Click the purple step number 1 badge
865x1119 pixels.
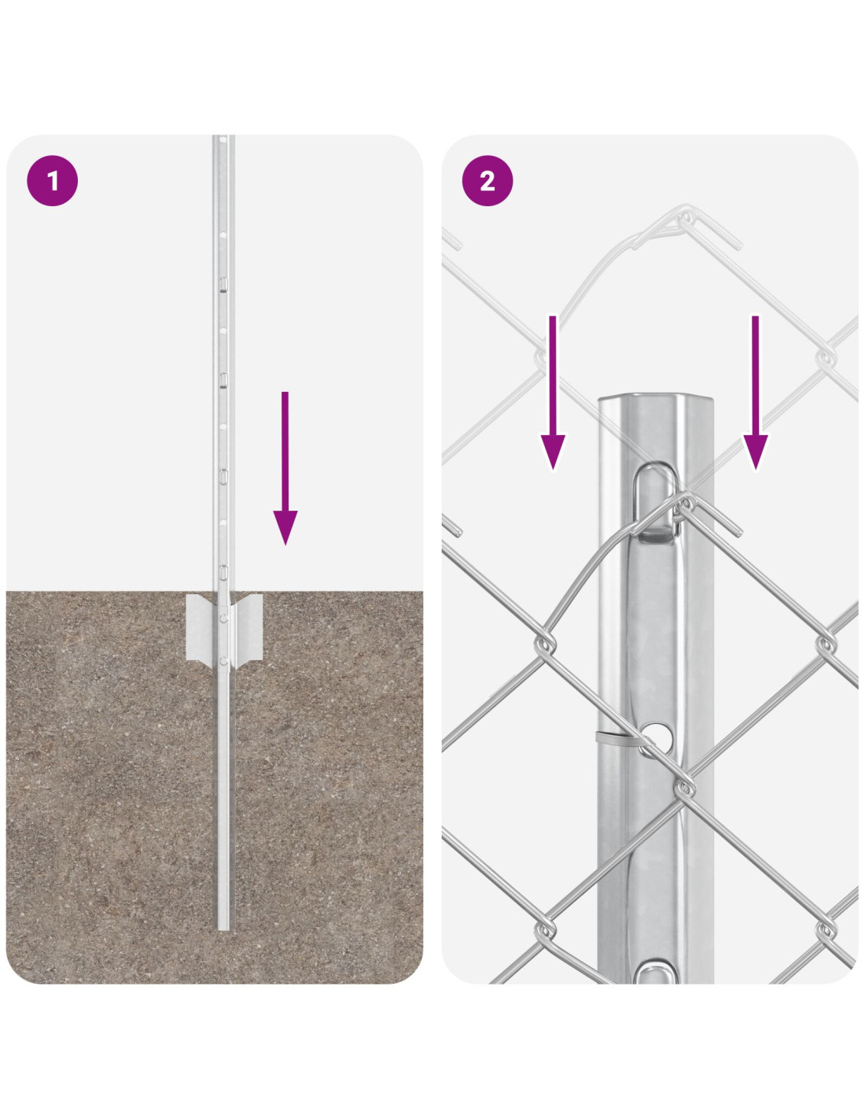(53, 181)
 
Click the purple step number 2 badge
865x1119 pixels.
(488, 181)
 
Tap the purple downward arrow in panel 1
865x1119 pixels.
(285, 468)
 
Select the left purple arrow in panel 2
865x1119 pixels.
(553, 393)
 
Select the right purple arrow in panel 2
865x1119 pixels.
(756, 393)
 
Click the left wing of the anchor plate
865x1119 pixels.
(201, 626)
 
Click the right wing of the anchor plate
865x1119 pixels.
(247, 626)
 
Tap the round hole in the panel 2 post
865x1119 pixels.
(656, 737)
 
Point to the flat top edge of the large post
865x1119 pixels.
(655, 396)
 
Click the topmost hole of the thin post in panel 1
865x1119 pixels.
(223, 139)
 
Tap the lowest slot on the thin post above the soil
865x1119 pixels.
(223, 571)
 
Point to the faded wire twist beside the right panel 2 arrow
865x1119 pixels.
(826, 356)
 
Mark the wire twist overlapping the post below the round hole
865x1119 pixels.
(684, 787)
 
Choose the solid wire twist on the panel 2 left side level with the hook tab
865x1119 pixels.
(545, 644)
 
